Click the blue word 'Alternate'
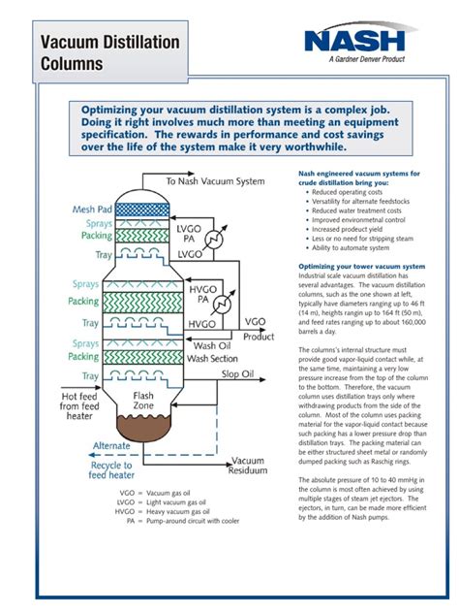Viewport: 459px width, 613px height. [x=111, y=446]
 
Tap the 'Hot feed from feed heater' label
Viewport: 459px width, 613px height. [x=87, y=406]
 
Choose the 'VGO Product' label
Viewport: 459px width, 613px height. [x=258, y=330]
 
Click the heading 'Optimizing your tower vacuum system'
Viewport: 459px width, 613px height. [x=360, y=267]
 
